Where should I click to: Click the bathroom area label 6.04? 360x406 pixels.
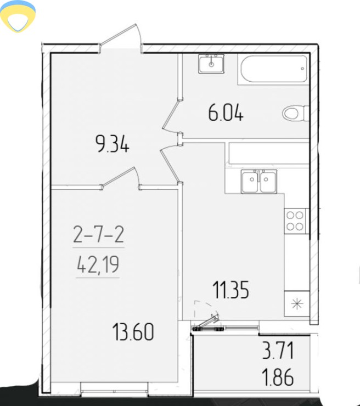click(226, 114)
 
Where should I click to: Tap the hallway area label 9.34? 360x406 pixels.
click(112, 144)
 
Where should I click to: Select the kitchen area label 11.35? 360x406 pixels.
click(230, 290)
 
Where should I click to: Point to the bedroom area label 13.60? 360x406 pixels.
click(133, 331)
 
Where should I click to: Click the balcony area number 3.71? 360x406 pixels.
click(278, 351)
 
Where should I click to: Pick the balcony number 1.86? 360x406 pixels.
click(278, 377)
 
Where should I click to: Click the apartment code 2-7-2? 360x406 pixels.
click(99, 234)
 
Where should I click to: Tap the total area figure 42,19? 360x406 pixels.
click(98, 264)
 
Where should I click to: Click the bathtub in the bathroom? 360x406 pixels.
click(274, 69)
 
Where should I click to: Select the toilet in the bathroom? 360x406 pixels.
click(295, 113)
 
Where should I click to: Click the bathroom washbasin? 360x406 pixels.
click(211, 64)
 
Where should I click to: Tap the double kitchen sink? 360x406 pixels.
click(258, 181)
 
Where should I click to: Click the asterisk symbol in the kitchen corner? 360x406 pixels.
click(297, 304)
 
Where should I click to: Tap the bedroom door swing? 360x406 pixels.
click(121, 179)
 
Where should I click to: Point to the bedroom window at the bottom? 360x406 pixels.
click(115, 389)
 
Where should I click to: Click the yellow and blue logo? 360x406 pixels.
click(18, 16)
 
